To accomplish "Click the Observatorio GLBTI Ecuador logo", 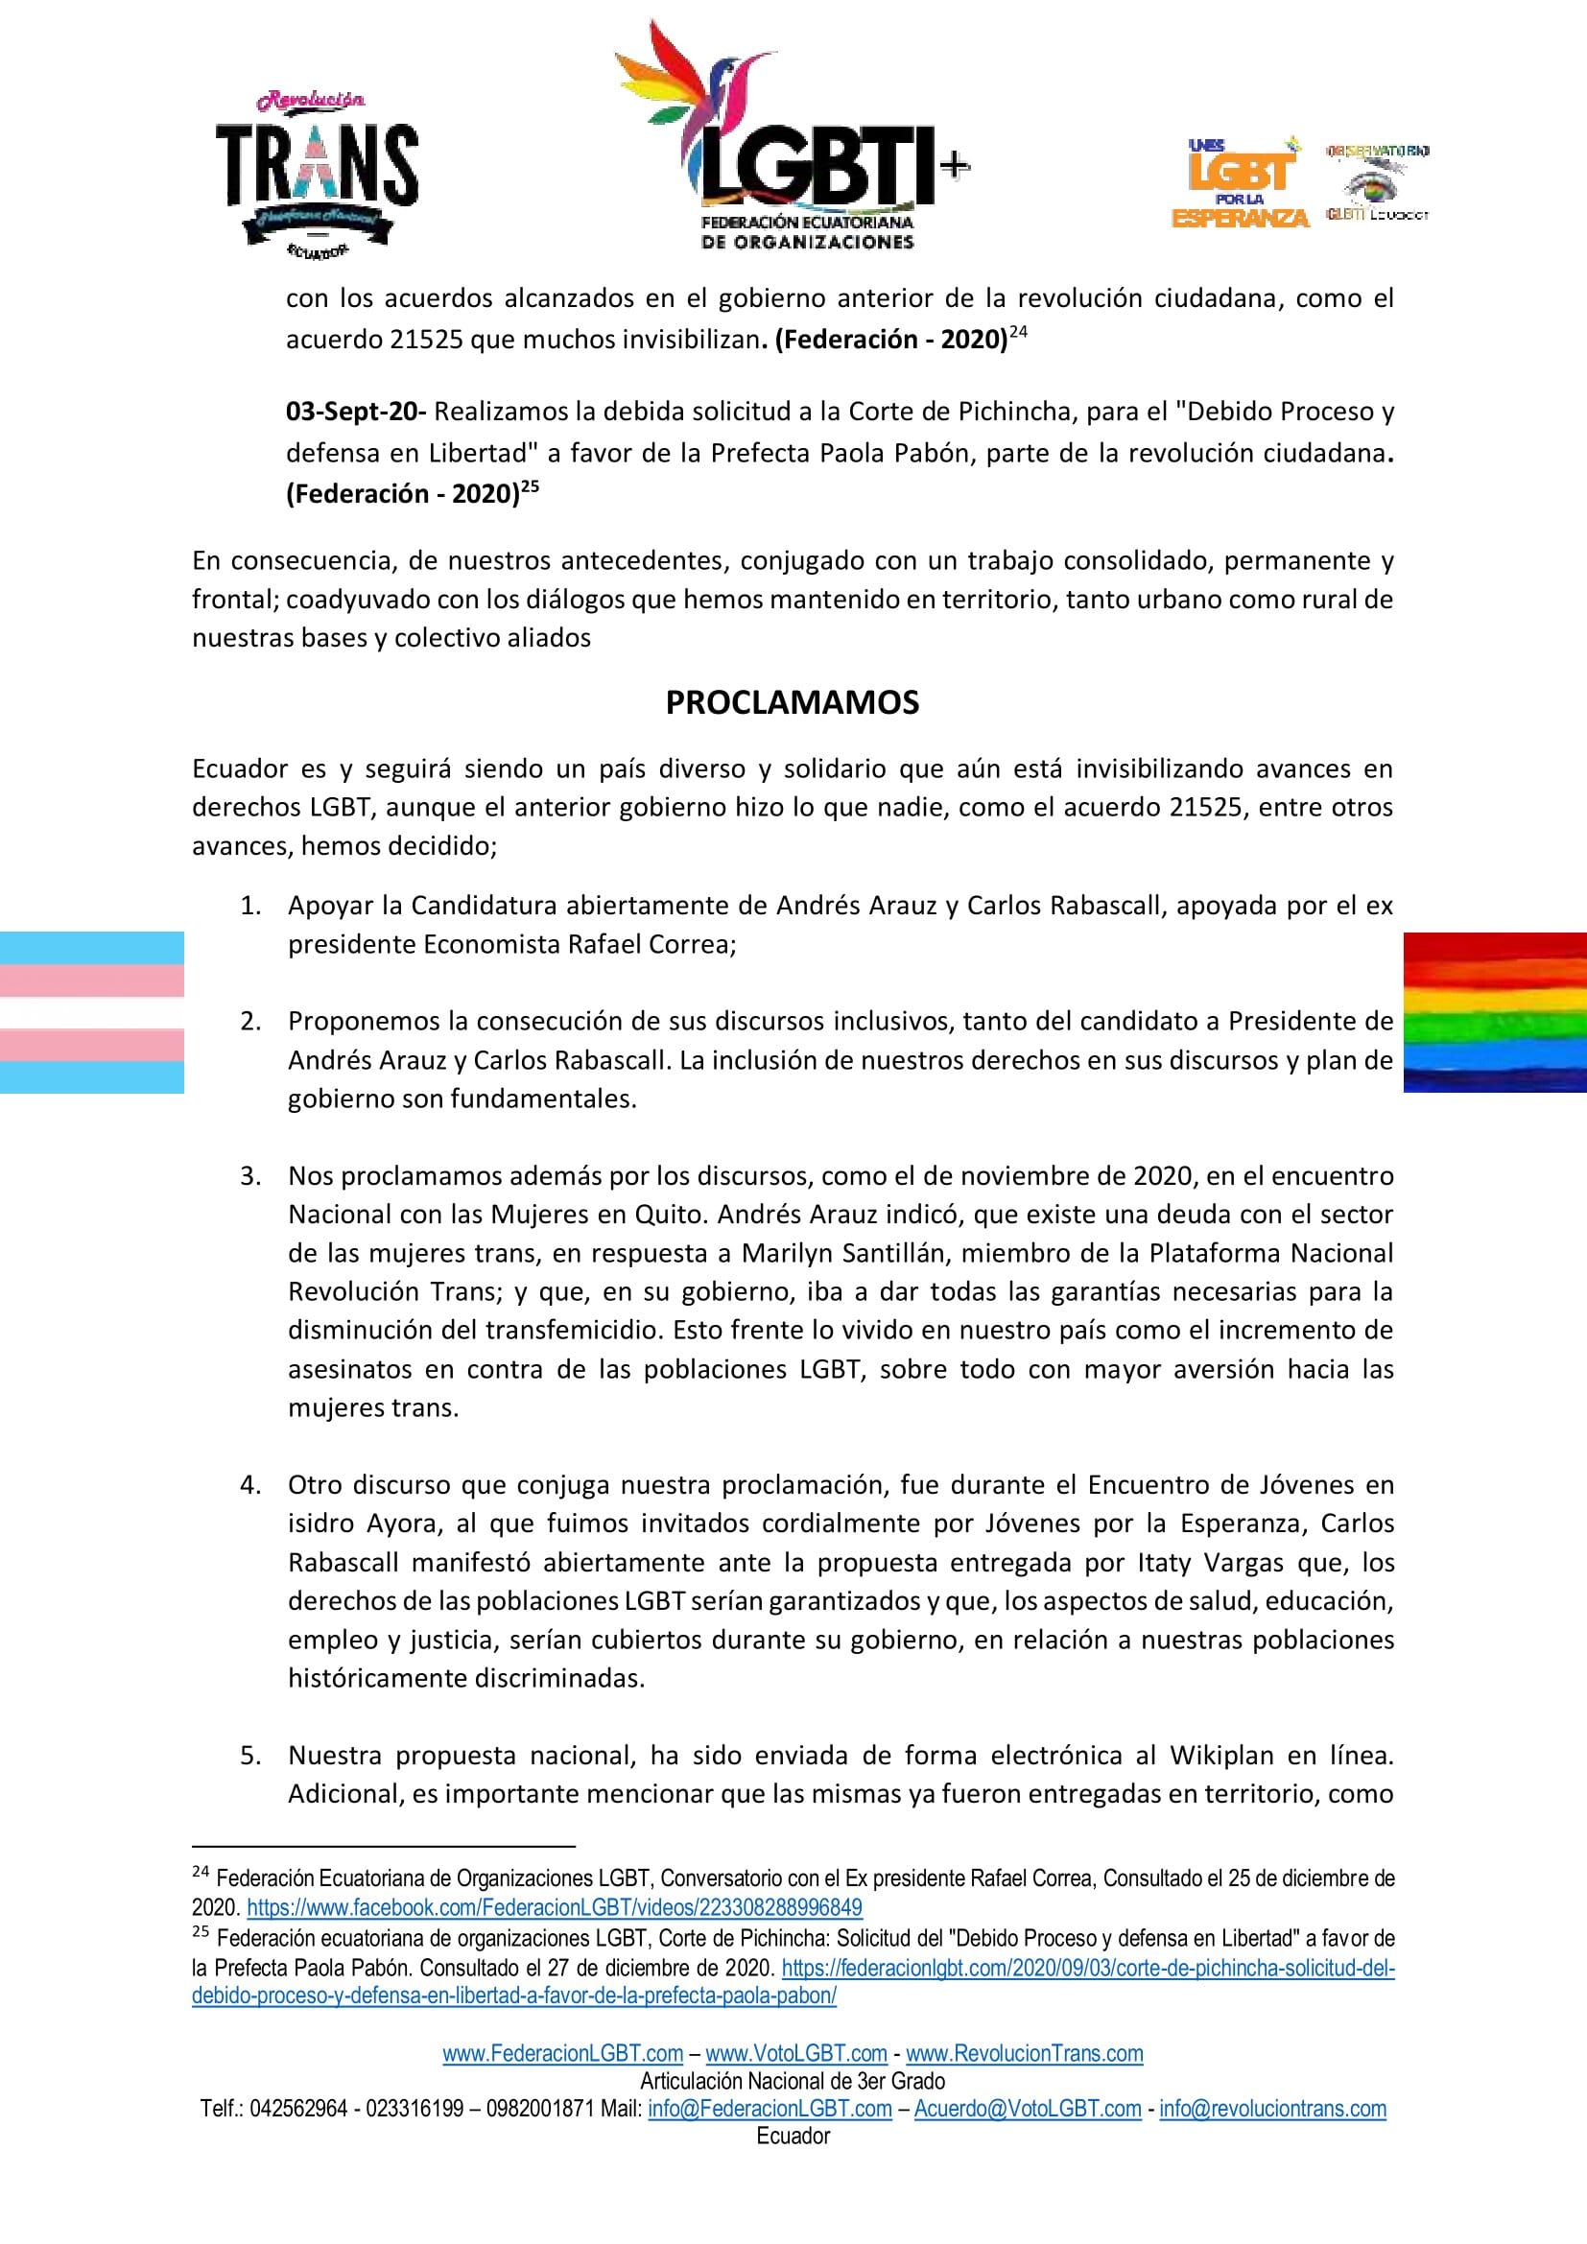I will pos(1377,184).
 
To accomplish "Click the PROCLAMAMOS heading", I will pos(793,702).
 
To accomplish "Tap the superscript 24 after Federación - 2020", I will pos(1018,333).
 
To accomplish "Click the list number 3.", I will pos(251,1176).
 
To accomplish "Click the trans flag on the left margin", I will pos(92,1011).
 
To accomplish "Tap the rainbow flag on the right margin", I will pos(1494,1011).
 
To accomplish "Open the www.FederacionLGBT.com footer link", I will pos(563,2053).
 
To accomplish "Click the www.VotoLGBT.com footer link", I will pos(795,2053).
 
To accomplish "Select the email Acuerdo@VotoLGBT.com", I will pos(1027,2108).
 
